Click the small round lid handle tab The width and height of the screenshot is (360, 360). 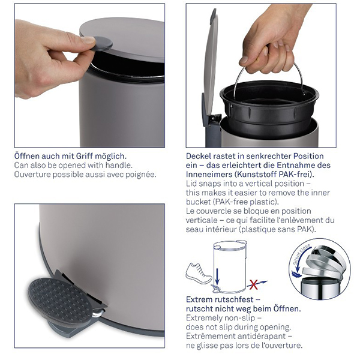[100, 45]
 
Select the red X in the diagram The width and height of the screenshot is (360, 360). [253, 284]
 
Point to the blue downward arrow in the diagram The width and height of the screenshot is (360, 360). [217, 276]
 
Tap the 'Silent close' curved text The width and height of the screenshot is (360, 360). [301, 254]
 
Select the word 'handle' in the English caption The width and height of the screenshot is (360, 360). [118, 165]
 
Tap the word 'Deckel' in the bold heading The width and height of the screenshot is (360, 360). [199, 156]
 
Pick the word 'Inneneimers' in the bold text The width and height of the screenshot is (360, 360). [209, 174]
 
